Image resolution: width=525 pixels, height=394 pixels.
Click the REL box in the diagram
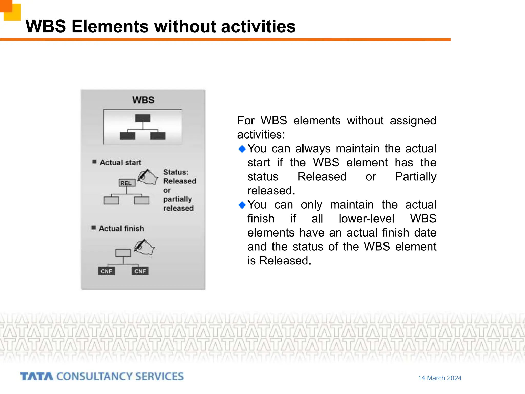tap(127, 183)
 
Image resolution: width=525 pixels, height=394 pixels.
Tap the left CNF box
tap(106, 271)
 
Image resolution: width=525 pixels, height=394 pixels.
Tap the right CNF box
tap(140, 271)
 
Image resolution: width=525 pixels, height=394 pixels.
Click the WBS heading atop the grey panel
tap(143, 100)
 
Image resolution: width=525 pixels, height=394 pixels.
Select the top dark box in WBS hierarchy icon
tap(143, 118)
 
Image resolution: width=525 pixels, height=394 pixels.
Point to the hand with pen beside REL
tap(148, 177)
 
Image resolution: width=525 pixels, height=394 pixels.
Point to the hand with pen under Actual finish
tap(144, 247)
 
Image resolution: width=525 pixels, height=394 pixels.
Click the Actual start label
tap(120, 163)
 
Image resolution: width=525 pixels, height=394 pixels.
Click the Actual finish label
tap(121, 229)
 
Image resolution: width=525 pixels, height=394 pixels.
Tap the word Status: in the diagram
tap(176, 172)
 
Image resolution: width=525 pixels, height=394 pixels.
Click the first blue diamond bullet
tap(242, 149)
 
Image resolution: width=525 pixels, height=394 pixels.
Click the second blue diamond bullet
tap(242, 205)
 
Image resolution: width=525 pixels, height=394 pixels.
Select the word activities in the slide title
tap(258, 26)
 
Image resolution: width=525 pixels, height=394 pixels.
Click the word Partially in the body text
tap(416, 177)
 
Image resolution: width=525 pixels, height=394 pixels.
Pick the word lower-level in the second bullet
tap(366, 219)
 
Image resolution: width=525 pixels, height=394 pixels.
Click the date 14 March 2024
tap(440, 378)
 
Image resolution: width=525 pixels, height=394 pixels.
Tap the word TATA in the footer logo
tap(37, 377)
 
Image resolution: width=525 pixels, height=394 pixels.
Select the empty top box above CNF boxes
tap(123, 253)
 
